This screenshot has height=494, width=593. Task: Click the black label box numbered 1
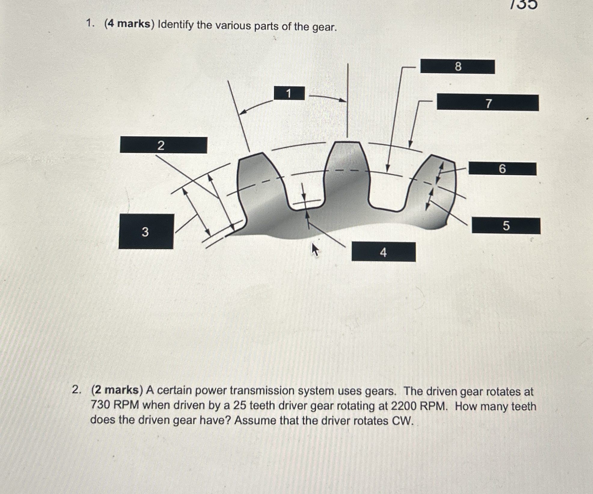[289, 93]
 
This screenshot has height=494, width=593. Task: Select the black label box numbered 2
[163, 145]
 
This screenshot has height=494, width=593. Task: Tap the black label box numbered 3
[146, 231]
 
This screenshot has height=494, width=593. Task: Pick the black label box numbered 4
[384, 252]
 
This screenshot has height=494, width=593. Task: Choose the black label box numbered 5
[506, 226]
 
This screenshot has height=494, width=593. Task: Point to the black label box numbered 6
[502, 169]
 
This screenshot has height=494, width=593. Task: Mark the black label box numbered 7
[488, 103]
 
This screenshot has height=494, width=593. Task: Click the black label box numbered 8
[457, 66]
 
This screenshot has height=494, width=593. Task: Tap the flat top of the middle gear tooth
[347, 142]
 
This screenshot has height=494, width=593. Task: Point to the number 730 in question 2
[100, 405]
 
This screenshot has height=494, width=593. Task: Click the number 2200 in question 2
[403, 406]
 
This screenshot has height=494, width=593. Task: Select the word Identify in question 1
[176, 25]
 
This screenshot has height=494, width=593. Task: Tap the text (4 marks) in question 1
[129, 24]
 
